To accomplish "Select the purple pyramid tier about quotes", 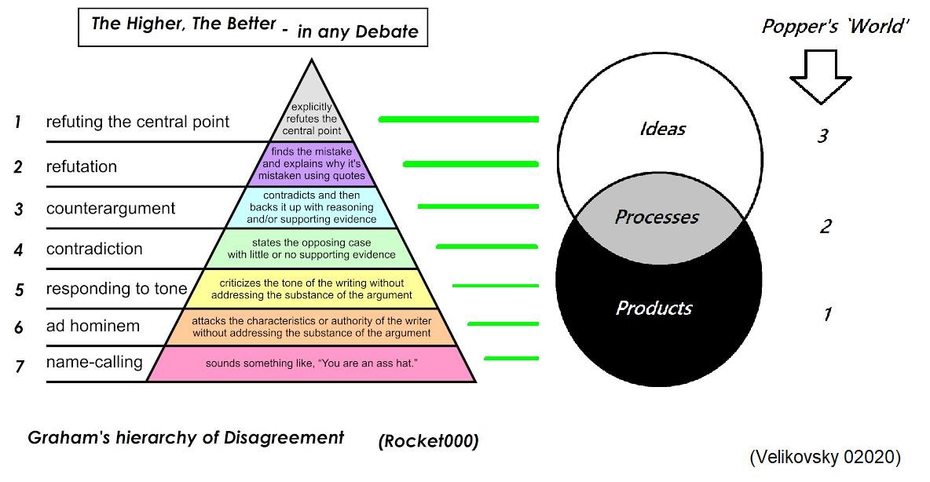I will [313, 163].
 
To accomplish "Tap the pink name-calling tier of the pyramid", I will [312, 364].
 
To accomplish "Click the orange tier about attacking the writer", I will [312, 327].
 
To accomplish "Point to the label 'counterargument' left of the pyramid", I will [111, 209].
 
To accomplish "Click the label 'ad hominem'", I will [93, 325].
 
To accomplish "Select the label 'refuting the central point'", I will [137, 122].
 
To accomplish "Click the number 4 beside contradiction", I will [19, 250].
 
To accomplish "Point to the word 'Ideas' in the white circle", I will [663, 129].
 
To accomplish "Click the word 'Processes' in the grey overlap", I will [657, 217].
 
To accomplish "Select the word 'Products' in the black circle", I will [654, 308].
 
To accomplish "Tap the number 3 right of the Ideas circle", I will [822, 137].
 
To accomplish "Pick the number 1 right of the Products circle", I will [827, 315].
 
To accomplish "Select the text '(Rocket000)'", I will [428, 441].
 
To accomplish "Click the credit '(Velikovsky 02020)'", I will [825, 457].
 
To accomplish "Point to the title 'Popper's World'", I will [836, 26].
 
